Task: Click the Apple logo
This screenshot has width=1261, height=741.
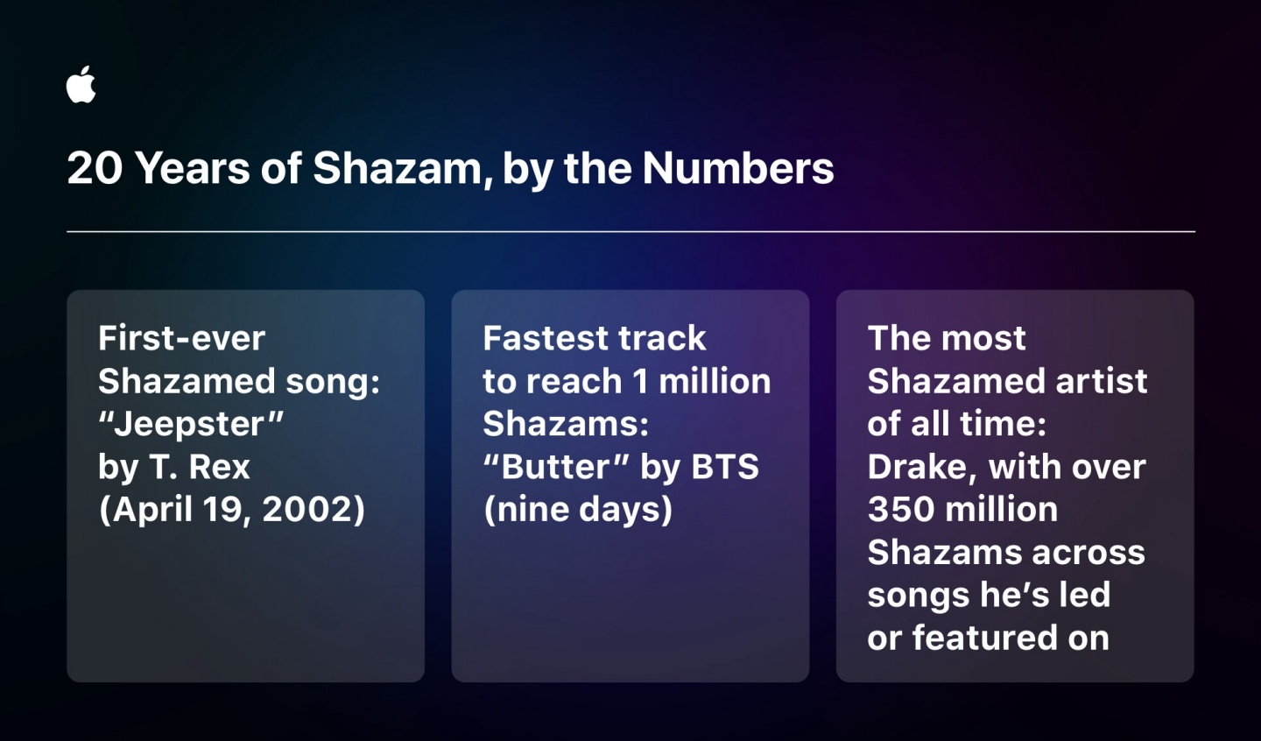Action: pyautogui.click(x=81, y=85)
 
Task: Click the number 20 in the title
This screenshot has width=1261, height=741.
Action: pyautogui.click(x=95, y=168)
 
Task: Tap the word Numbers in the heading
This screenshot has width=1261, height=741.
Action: pyautogui.click(x=737, y=168)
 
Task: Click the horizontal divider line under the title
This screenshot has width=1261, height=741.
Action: pyautogui.click(x=630, y=231)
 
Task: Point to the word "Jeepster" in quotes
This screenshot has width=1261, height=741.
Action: pyautogui.click(x=191, y=424)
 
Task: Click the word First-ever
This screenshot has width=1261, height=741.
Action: pyautogui.click(x=181, y=338)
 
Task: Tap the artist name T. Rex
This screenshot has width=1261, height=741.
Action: pyautogui.click(x=200, y=467)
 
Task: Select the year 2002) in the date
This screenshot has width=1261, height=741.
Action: pyautogui.click(x=313, y=509)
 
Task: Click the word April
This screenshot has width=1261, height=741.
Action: pyautogui.click(x=150, y=509)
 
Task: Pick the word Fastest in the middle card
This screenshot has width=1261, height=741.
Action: pyautogui.click(x=537, y=338)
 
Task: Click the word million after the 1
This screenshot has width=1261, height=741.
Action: pyautogui.click(x=715, y=381)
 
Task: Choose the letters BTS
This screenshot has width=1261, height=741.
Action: pyautogui.click(x=725, y=467)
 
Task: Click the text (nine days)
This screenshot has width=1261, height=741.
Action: pyautogui.click(x=578, y=509)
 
